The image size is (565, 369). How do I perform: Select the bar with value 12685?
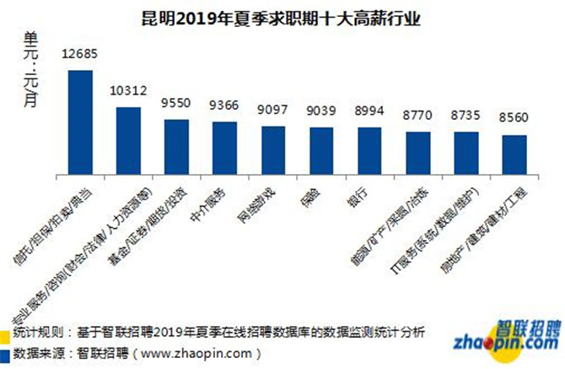click(x=80, y=122)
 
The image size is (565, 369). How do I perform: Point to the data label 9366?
click(x=224, y=106)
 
